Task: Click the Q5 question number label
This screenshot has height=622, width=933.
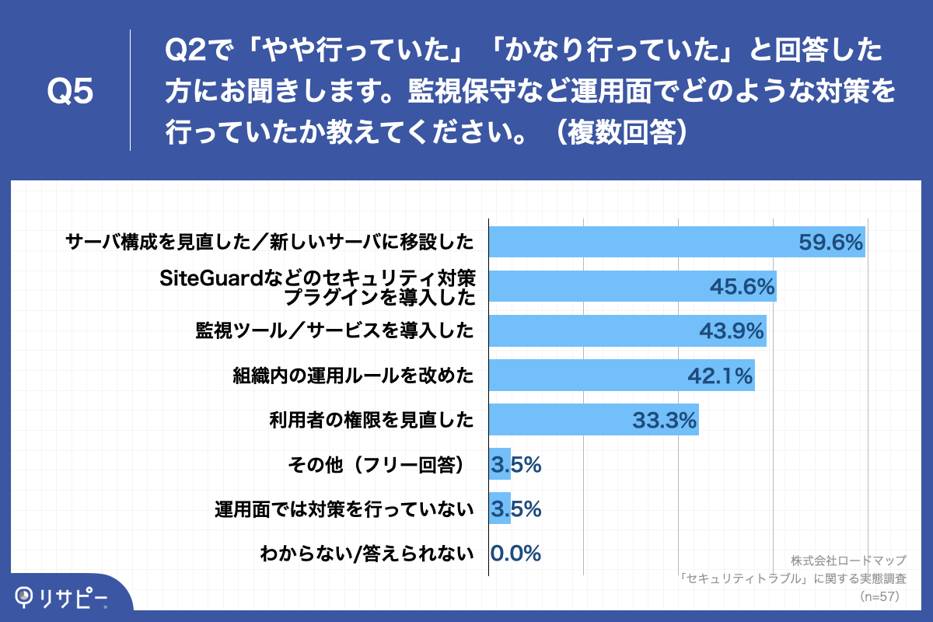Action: coord(71,92)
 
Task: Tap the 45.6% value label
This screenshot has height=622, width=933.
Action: coord(742,287)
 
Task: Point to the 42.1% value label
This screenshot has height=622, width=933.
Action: coord(720,376)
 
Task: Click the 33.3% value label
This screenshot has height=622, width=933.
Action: coord(663,421)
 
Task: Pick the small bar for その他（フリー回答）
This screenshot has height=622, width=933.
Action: coord(499,465)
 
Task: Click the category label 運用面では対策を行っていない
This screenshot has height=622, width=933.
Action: coord(344,510)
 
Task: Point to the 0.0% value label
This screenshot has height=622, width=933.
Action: coord(515,554)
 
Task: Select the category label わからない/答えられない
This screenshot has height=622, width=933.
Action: coord(367,554)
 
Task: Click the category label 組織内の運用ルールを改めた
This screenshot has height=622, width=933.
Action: coord(354,376)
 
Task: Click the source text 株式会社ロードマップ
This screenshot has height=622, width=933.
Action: coord(848,561)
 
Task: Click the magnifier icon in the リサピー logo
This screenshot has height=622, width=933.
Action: coord(26,596)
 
